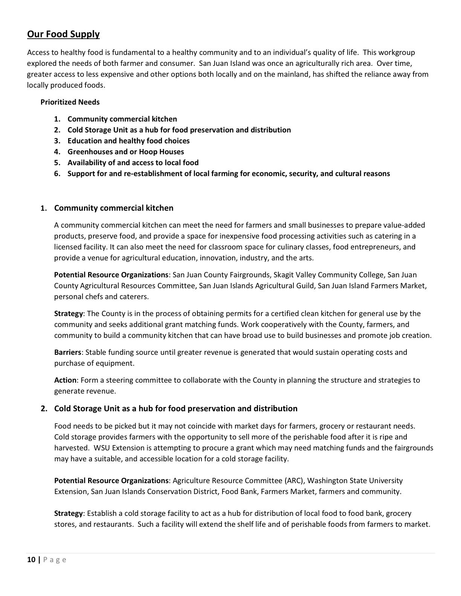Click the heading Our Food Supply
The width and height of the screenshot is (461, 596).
click(63, 34)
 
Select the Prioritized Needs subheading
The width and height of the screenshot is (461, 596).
click(70, 102)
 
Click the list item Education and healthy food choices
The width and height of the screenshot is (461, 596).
click(128, 141)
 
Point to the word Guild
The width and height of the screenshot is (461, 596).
click(304, 286)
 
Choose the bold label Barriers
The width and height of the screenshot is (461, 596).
click(68, 352)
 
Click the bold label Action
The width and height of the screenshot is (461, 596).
click(65, 380)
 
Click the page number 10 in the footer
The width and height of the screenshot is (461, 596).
click(31, 560)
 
